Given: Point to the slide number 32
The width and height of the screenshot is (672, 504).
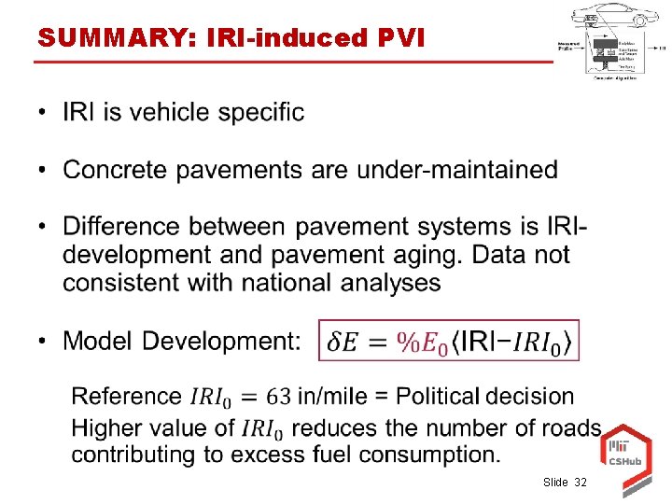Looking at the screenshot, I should tap(581, 483).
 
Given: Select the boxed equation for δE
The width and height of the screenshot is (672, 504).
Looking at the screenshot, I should tap(450, 341).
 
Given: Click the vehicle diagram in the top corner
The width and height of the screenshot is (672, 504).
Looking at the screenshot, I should tap(611, 42).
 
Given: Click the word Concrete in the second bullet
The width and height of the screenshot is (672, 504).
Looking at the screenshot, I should tap(118, 170).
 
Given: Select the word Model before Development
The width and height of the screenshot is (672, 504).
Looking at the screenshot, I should tap(97, 341).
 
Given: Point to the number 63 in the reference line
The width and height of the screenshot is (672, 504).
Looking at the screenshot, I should tap(278, 397).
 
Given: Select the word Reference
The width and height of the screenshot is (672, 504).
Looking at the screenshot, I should tap(127, 397).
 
